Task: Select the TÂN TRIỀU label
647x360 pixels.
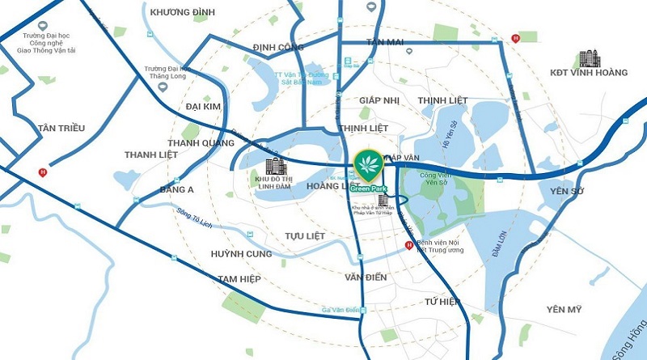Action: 61,128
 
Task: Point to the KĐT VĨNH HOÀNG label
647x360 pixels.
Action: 588,82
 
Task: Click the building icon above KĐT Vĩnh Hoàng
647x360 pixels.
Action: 590,59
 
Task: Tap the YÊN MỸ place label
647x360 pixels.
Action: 564,309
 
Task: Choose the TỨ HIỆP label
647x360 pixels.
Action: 442,302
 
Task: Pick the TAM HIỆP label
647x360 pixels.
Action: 239,279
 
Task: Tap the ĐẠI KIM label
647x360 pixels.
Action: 202,106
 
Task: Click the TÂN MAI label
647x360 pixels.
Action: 384,41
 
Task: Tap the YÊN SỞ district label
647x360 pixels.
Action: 566,192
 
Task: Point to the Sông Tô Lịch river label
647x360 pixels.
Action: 193,220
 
